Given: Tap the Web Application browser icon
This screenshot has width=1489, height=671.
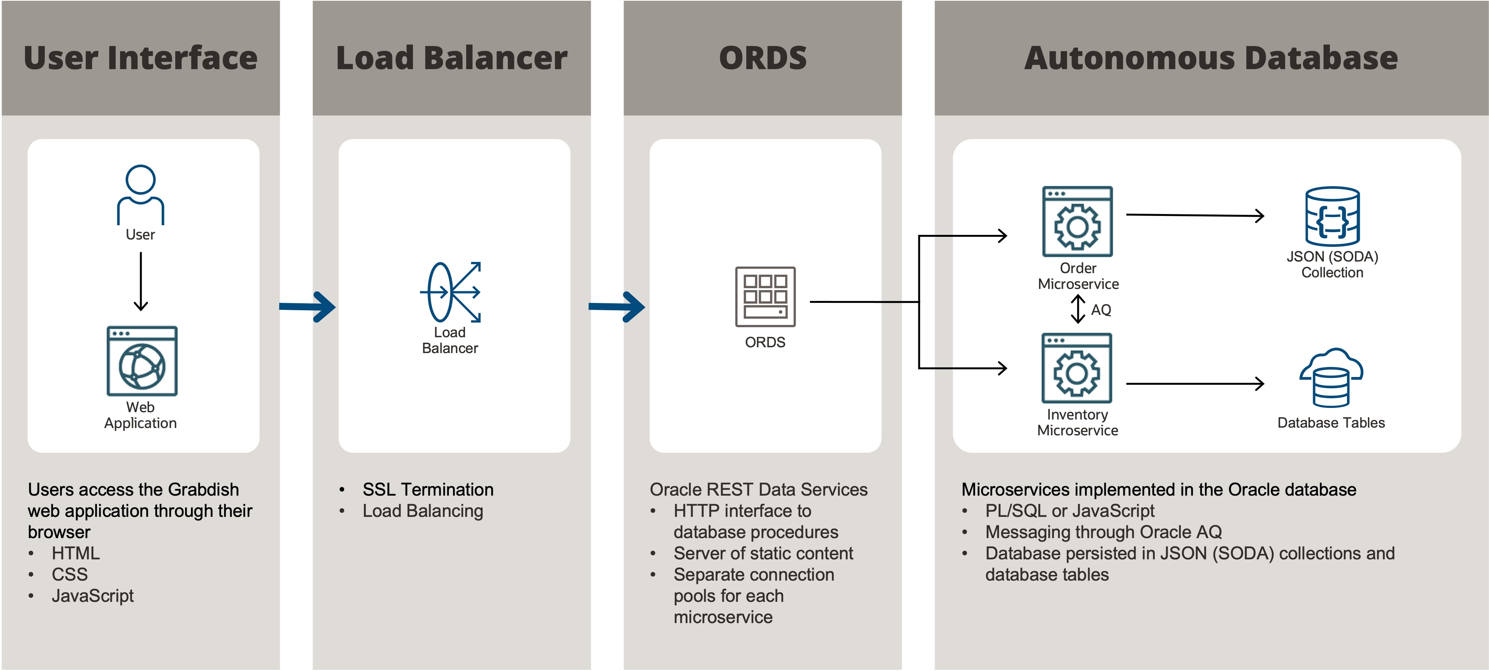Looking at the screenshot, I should coord(142,361).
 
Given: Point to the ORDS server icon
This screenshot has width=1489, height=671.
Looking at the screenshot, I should coord(765,297).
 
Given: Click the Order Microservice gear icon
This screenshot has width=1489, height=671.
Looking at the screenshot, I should coord(1077,222).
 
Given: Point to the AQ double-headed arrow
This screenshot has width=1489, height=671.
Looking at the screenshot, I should coord(1077,309).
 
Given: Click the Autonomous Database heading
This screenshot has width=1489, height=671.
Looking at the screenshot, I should coord(1210,58).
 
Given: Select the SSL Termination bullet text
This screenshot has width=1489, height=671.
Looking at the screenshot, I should coord(428,489).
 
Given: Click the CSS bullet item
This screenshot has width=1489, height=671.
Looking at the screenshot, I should coord(69,574).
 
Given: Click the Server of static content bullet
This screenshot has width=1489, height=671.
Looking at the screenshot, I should coord(762,554).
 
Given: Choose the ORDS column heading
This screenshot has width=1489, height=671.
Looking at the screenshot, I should coord(762,58).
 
